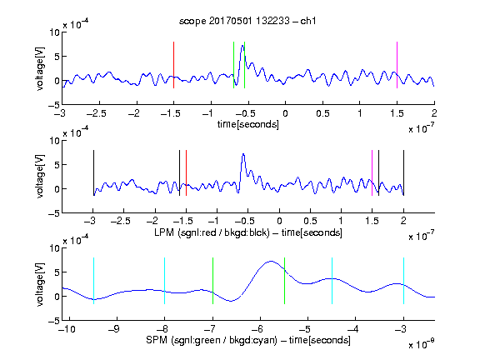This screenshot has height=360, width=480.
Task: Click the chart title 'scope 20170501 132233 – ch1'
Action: pyautogui.click(x=247, y=21)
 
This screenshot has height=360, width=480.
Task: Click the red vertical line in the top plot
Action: pyautogui.click(x=173, y=65)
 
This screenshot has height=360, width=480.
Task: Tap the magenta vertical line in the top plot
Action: pyautogui.click(x=397, y=65)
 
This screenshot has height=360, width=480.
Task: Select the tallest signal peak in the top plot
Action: pyautogui.click(x=242, y=46)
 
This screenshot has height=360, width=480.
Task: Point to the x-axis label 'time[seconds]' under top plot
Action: pyautogui.click(x=248, y=125)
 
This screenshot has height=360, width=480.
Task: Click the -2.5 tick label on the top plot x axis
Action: pyautogui.click(x=97, y=113)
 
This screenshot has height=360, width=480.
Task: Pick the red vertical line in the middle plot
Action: pyautogui.click(x=186, y=173)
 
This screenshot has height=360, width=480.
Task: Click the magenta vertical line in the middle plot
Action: pyautogui.click(x=372, y=173)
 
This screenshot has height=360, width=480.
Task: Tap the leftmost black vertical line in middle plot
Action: pyautogui.click(x=93, y=173)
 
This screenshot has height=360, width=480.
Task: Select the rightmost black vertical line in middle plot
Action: pyautogui.click(x=403, y=173)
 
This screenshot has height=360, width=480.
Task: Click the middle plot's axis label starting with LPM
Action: pyautogui.click(x=248, y=232)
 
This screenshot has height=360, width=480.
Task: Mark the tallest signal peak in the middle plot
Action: pyautogui.click(x=243, y=154)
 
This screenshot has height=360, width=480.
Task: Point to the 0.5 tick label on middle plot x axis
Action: pyautogui.click(x=310, y=221)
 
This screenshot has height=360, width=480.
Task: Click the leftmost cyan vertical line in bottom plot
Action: pyautogui.click(x=93, y=281)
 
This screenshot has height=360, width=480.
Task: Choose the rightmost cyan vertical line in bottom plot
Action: pyautogui.click(x=403, y=281)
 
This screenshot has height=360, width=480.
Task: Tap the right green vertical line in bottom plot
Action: pyautogui.click(x=284, y=281)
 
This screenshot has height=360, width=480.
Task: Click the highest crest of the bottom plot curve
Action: pyautogui.click(x=271, y=261)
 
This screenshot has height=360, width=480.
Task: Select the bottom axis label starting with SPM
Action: pyautogui.click(x=248, y=340)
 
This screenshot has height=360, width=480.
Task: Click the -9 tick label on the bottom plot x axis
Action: pyautogui.click(x=114, y=329)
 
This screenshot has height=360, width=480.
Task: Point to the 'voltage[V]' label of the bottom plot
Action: pyautogui.click(x=40, y=284)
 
